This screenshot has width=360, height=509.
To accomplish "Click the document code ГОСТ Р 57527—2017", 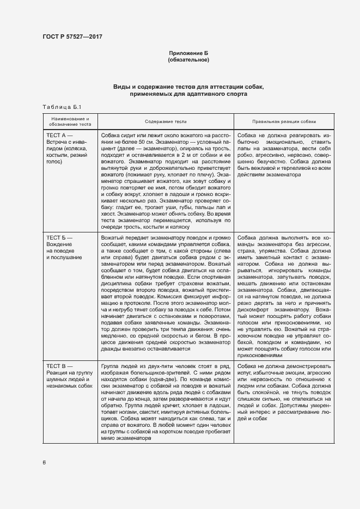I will pyautogui.click(x=72, y=37).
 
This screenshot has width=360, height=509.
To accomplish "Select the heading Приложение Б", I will pyautogui.click(x=188, y=53).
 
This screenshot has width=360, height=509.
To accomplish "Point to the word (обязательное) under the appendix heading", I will pyautogui.click(x=188, y=59).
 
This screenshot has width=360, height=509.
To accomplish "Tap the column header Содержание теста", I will pyautogui.click(x=166, y=122).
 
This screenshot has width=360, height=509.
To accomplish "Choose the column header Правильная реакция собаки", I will pyautogui.click(x=284, y=122).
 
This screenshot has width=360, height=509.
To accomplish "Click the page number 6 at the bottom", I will pyautogui.click(x=44, y=462).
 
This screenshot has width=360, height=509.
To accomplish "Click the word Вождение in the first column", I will pyautogui.click(x=59, y=244).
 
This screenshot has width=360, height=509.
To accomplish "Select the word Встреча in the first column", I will pyautogui.click(x=58, y=142).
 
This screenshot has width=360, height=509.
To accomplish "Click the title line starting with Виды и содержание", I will pyautogui.click(x=188, y=87).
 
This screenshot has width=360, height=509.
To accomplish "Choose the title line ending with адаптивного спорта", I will pyautogui.click(x=188, y=94).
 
